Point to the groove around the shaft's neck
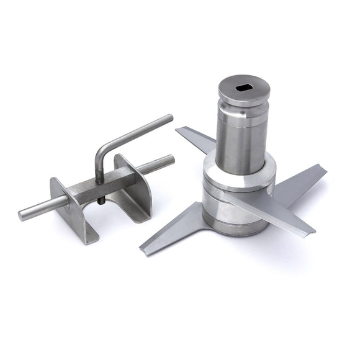tap(242, 118)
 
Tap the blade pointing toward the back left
tap(196, 139)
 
